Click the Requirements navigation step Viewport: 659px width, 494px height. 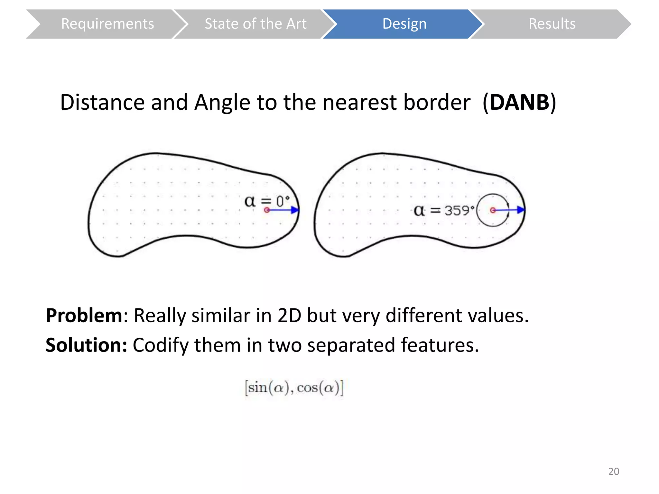(107, 24)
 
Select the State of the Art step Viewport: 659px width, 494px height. (255, 24)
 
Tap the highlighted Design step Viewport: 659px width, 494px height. (404, 24)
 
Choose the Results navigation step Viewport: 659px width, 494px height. (552, 24)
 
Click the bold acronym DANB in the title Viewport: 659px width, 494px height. (519, 103)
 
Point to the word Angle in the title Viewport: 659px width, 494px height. (222, 103)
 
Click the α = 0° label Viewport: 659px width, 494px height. (267, 201)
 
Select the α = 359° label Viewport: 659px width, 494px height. (444, 211)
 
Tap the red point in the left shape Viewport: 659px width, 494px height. (267, 210)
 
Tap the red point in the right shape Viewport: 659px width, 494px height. (493, 210)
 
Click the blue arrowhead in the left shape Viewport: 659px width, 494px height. (295, 210)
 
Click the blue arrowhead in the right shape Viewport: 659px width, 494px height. (521, 210)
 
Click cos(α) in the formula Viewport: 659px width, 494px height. (319, 388)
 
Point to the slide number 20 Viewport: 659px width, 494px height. (613, 471)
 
